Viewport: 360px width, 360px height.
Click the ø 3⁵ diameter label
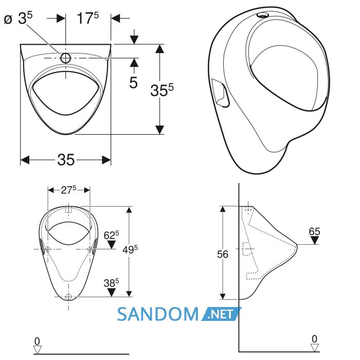click(19, 18)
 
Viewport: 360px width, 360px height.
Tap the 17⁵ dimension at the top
click(88, 18)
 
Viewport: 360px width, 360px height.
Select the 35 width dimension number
click(66, 159)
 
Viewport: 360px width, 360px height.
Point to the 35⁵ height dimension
click(162, 90)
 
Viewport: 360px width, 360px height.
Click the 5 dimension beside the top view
click(133, 82)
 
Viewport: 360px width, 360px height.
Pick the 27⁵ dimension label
click(68, 190)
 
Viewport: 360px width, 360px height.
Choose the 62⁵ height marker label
click(111, 235)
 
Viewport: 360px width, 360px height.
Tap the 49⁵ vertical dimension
click(130, 249)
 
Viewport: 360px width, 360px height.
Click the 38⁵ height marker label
click(111, 283)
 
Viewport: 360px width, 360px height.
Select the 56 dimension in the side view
click(223, 254)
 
